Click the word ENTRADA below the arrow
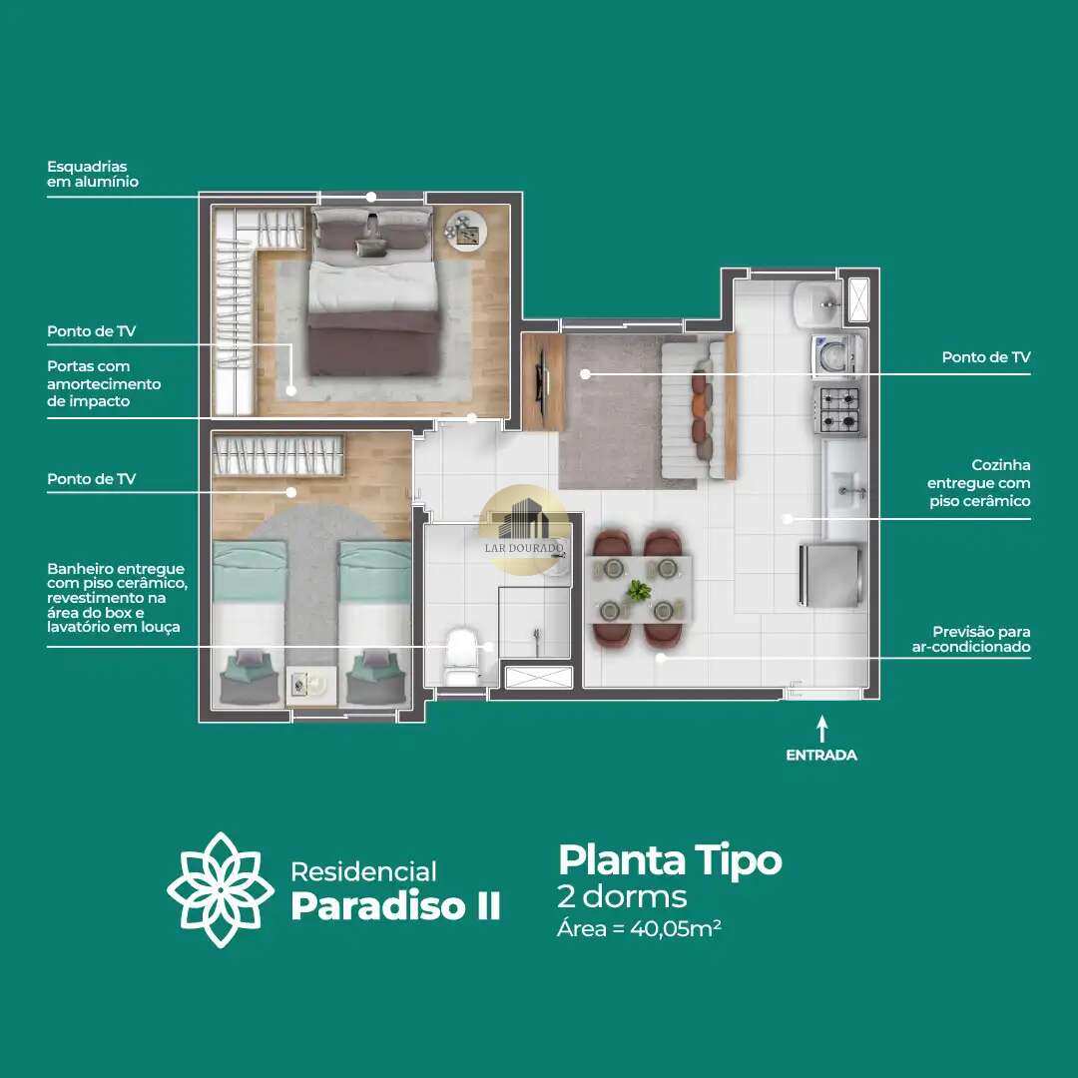coord(821,755)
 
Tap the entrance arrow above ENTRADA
coord(821,729)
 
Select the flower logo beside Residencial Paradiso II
coord(220,889)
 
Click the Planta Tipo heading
coord(670,860)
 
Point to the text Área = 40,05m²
coord(639,929)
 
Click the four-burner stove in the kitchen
coord(839,410)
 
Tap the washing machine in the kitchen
coord(836,355)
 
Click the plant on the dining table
coord(640,590)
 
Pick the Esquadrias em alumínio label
coord(93,174)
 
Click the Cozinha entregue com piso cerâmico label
coord(978,483)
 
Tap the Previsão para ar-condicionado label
coord(971,639)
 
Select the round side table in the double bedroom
coord(465,230)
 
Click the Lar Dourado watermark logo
coord(524,529)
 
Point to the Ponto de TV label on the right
coord(986,356)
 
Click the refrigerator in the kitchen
coord(831,575)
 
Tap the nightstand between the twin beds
coord(311,686)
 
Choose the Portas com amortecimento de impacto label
coord(104,383)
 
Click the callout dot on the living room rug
coord(585,374)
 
